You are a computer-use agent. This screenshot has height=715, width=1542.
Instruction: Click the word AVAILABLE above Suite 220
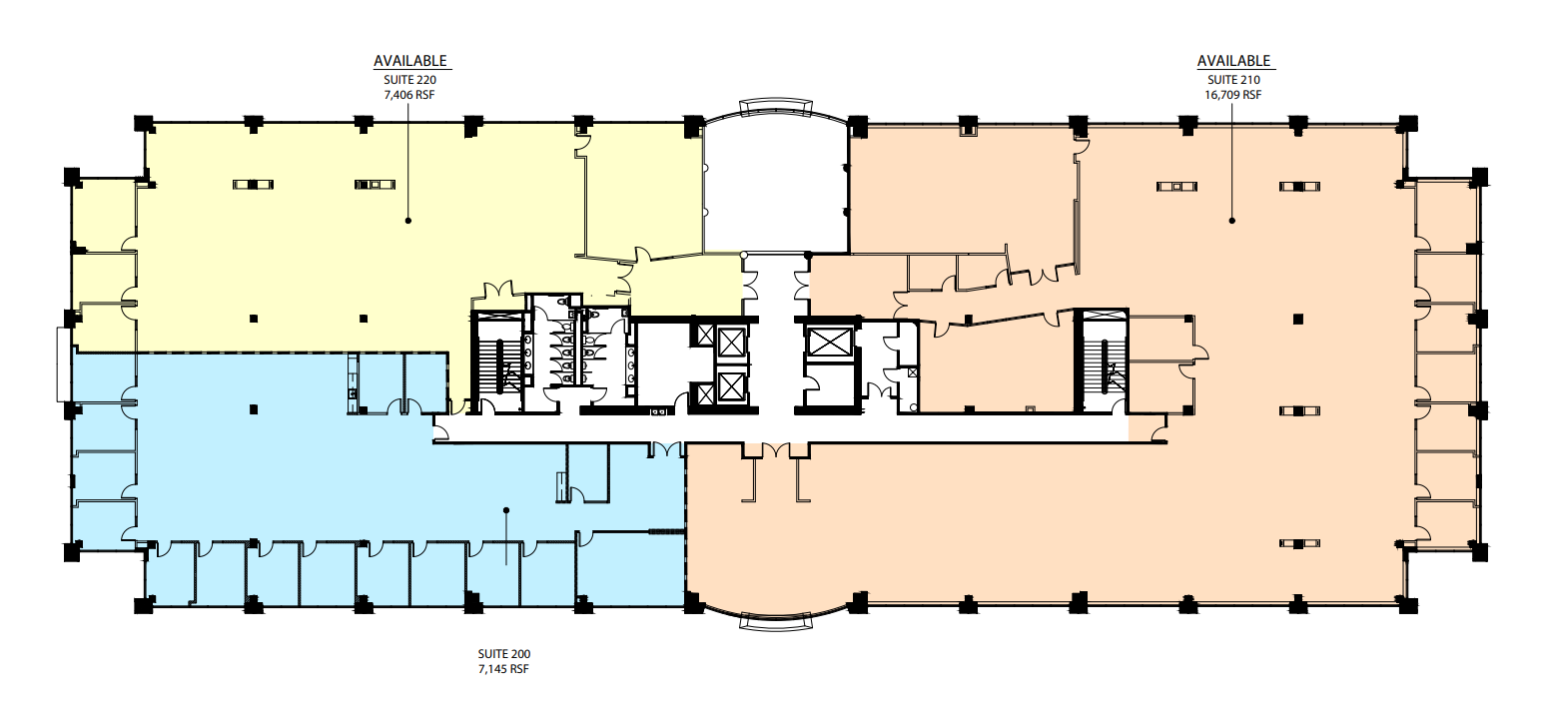410,61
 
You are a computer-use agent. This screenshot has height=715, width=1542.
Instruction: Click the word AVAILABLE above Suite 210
1233,61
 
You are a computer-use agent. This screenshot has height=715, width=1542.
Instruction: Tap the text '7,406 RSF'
409,95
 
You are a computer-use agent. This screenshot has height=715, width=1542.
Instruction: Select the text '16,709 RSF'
1233,95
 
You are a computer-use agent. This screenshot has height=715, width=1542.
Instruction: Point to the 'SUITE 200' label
504,654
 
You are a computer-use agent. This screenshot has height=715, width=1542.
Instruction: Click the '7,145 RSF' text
504,669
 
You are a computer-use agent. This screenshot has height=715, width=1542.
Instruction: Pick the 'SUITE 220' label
409,80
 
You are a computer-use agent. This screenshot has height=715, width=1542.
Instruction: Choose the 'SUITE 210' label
1233,80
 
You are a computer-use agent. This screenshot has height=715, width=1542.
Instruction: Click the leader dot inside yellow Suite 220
408,221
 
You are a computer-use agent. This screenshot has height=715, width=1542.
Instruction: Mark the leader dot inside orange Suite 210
1232,221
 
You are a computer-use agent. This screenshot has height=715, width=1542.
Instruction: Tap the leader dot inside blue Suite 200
506,510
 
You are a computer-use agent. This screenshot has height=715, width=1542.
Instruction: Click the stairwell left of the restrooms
496,361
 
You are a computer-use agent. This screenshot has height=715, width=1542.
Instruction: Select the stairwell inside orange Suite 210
1102,360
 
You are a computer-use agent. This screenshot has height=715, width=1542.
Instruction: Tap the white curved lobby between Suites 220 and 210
777,190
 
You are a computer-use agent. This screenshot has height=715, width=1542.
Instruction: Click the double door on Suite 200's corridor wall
665,449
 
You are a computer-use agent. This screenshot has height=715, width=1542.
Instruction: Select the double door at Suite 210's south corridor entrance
776,450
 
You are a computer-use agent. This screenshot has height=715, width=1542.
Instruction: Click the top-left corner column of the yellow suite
143,123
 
